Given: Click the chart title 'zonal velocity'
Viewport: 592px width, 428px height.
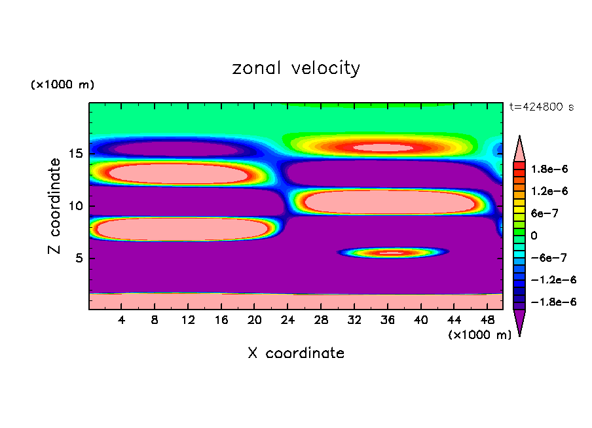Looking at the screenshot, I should click(296, 68).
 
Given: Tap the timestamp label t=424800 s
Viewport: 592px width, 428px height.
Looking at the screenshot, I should click(541, 107).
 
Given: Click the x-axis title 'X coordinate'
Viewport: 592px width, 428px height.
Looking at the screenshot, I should click(296, 353).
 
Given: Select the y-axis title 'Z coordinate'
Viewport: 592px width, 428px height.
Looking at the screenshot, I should click(55, 205).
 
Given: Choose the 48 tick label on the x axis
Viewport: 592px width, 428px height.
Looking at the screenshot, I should click(487, 320).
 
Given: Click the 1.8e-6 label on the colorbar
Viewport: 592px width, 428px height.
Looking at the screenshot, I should click(549, 169).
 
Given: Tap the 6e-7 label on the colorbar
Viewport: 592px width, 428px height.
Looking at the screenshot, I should click(545, 213).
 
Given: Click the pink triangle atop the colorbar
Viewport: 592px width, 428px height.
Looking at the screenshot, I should click(519, 147).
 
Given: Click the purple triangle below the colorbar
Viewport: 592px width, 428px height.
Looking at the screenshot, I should click(519, 323).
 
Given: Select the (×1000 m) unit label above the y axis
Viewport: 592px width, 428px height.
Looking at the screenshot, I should click(63, 85).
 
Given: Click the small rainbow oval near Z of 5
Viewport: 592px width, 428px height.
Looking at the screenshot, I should click(392, 252).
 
